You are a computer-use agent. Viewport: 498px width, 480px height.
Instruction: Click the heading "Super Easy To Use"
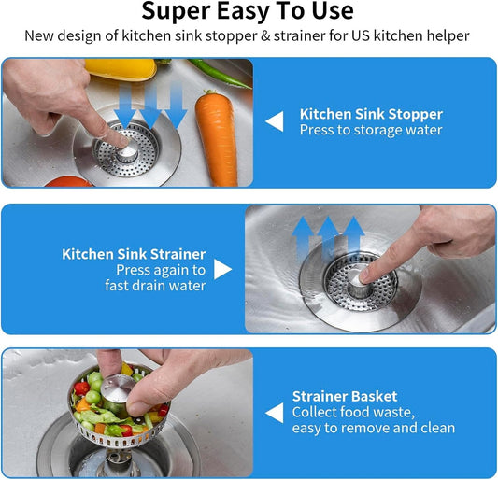[x=248, y=12]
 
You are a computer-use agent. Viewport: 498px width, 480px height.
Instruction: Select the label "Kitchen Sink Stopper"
[x=371, y=114]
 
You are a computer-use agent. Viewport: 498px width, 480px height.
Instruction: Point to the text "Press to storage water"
[x=371, y=131]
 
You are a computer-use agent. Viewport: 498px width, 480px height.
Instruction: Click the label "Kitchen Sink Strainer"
[x=134, y=254]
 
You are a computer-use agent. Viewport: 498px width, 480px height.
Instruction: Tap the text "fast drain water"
[x=155, y=286]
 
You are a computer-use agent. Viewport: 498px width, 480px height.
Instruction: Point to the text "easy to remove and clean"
[x=374, y=428]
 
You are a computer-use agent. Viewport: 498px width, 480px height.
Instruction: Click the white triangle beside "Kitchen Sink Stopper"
[x=274, y=121]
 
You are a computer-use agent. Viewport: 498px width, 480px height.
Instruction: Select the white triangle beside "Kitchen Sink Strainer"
[x=222, y=269]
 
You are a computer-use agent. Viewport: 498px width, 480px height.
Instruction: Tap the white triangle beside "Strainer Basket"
[x=274, y=412]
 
